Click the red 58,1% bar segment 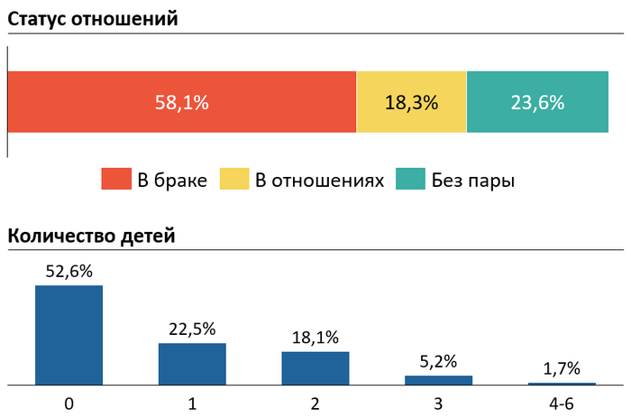[182, 102]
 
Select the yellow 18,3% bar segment [411, 102]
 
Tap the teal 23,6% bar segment [537, 102]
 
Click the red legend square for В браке [115, 180]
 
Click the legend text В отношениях [319, 181]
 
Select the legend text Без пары [472, 181]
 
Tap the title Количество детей [91, 237]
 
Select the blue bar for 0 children [69, 335]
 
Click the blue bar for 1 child [192, 364]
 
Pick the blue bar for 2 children [315, 368]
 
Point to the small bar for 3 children [438, 380]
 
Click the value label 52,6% [69, 271]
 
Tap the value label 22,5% [192, 329]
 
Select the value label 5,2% [438, 360]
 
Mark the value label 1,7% [562, 368]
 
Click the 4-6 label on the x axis [562, 402]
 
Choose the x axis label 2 [315, 402]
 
